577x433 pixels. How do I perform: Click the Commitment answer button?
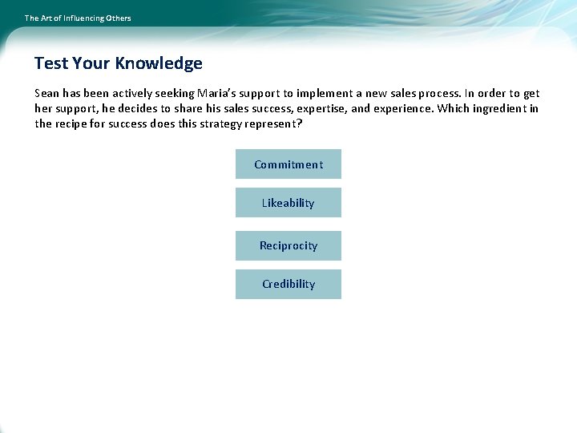pyautogui.click(x=288, y=164)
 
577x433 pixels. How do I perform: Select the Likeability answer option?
pyautogui.click(x=288, y=203)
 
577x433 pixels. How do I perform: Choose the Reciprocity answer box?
pyautogui.click(x=288, y=245)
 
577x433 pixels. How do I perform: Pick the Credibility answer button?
pyautogui.click(x=288, y=284)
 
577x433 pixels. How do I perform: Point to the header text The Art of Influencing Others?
pyautogui.click(x=78, y=18)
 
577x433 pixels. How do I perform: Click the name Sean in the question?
pyautogui.click(x=48, y=93)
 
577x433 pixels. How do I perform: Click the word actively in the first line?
pyautogui.click(x=121, y=93)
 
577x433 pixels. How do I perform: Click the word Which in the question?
pyautogui.click(x=454, y=108)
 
